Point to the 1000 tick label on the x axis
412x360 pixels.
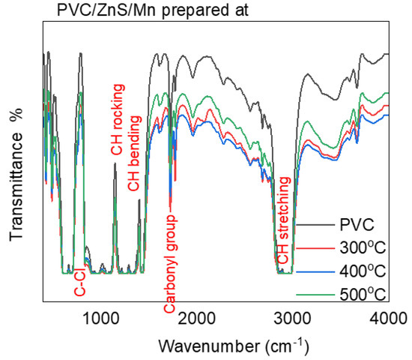pyautogui.click(x=101, y=318)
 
